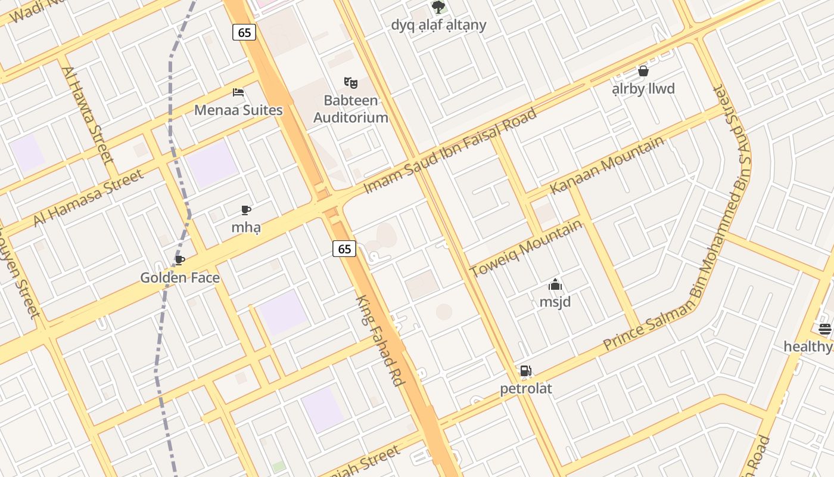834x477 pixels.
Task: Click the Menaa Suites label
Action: tap(238, 110)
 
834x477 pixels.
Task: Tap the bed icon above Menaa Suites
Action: tap(238, 92)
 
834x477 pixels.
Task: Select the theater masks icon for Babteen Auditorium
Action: tap(351, 83)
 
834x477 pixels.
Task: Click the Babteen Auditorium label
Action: tap(351, 109)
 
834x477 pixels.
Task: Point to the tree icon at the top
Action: tap(438, 7)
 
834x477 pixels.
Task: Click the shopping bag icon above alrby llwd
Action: tap(643, 71)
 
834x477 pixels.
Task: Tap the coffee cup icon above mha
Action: tap(246, 210)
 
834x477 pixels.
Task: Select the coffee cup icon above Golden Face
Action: tap(180, 261)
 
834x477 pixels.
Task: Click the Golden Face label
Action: tap(180, 278)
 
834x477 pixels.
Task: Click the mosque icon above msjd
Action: tap(555, 285)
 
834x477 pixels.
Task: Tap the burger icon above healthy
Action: tap(824, 329)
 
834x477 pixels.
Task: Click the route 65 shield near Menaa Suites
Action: tap(244, 32)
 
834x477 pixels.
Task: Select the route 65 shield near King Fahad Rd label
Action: tap(344, 249)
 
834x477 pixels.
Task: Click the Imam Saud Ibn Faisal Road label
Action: tap(450, 151)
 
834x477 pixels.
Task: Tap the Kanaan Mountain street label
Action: tap(606, 165)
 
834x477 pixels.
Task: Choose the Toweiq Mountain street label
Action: tap(526, 248)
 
